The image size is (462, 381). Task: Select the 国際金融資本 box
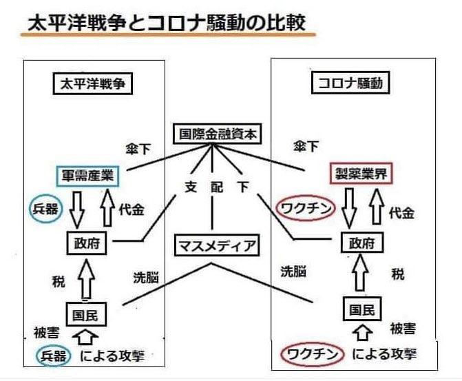(x=214, y=134)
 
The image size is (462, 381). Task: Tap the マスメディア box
(x=214, y=245)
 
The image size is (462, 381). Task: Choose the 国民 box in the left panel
(x=86, y=315)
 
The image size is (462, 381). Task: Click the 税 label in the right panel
(x=397, y=274)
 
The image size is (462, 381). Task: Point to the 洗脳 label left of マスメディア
(x=145, y=278)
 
